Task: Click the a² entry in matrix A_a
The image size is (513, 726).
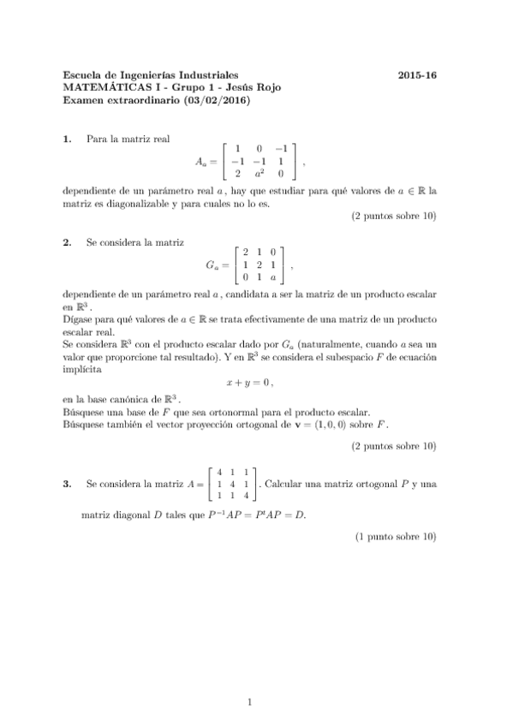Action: point(259,172)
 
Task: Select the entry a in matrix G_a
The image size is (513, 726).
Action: point(272,277)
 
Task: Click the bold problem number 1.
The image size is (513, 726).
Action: point(69,139)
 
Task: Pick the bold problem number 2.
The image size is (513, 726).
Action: point(69,242)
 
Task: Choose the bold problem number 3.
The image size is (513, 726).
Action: point(69,485)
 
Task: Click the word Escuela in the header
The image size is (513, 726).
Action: point(84,75)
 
